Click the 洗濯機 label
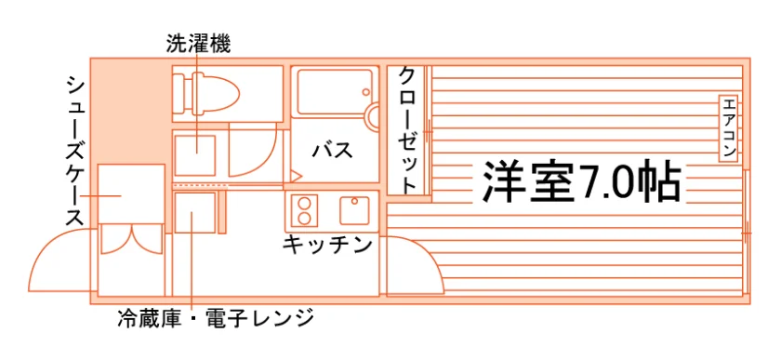click(198, 45)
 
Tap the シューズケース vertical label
click(74, 152)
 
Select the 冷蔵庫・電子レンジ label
click(216, 317)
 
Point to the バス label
click(332, 150)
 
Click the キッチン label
click(327, 245)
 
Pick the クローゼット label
click(408, 130)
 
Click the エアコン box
click(728, 128)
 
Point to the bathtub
click(335, 92)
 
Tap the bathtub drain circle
click(366, 92)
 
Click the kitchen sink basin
click(354, 210)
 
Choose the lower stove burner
click(303, 218)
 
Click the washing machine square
click(194, 155)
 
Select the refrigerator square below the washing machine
click(194, 213)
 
